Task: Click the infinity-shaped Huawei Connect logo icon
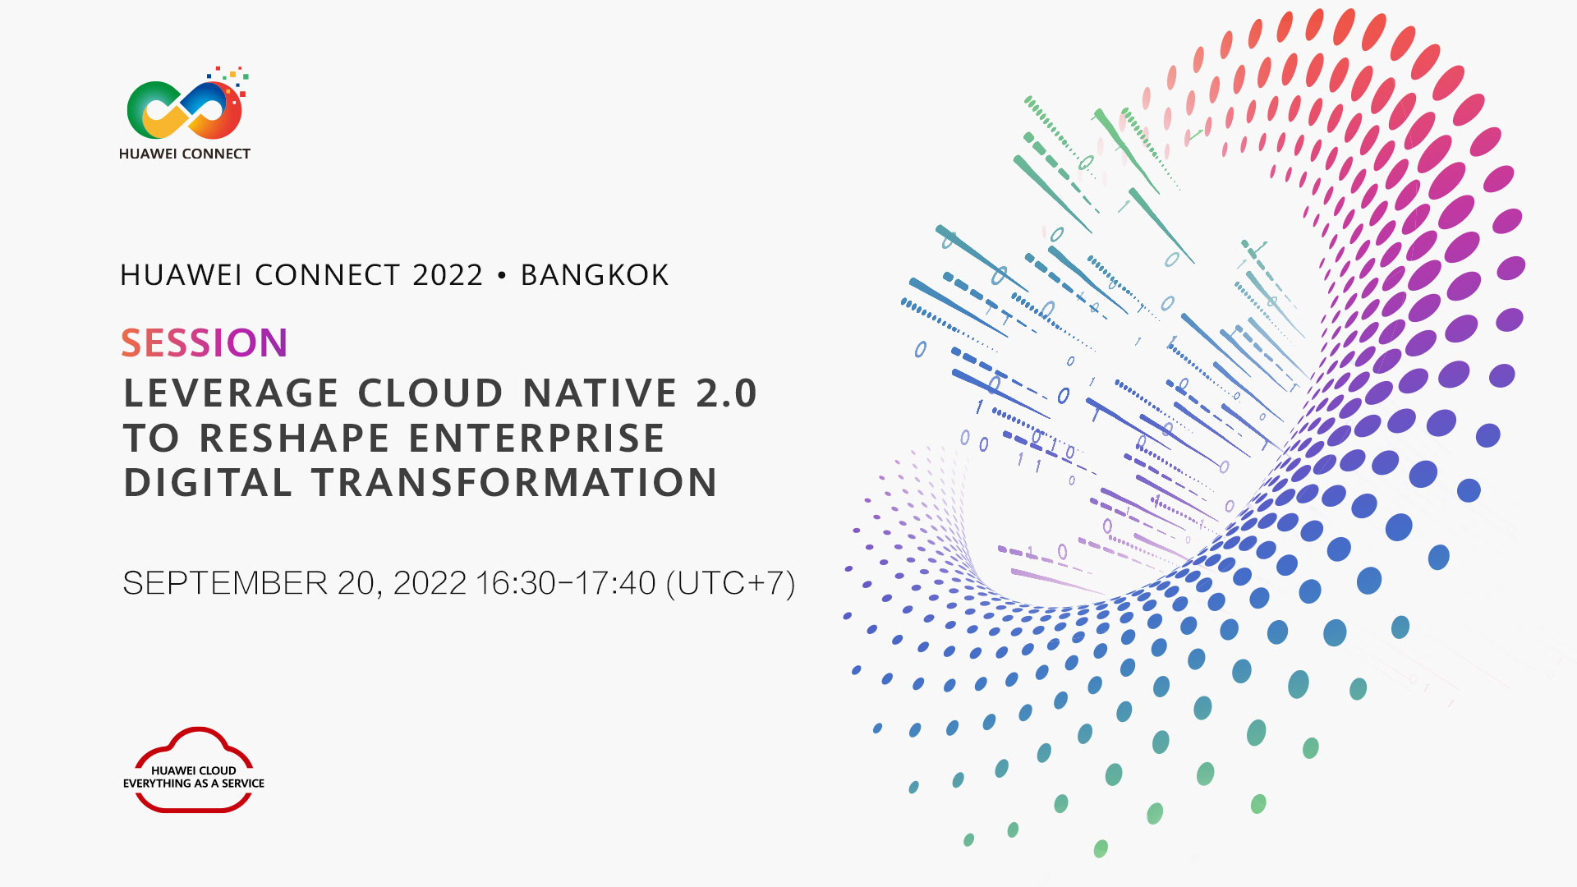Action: (x=186, y=108)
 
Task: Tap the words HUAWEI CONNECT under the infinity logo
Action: (x=185, y=154)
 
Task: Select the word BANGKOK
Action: (x=595, y=275)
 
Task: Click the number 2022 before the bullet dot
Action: (x=448, y=275)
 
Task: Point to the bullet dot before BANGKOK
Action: (x=502, y=276)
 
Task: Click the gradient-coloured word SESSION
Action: (x=205, y=342)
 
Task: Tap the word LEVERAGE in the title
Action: (x=231, y=393)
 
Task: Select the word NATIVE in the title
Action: (x=600, y=393)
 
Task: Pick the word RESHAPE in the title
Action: (x=294, y=438)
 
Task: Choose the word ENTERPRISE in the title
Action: (x=536, y=438)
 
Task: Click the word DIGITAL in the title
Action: (x=208, y=482)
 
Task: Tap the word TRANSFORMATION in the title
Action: (x=514, y=482)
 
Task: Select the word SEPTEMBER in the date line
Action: (x=225, y=583)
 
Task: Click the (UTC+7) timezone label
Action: (x=731, y=584)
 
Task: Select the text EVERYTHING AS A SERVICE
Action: (x=194, y=784)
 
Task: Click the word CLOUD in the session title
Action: (x=430, y=393)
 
